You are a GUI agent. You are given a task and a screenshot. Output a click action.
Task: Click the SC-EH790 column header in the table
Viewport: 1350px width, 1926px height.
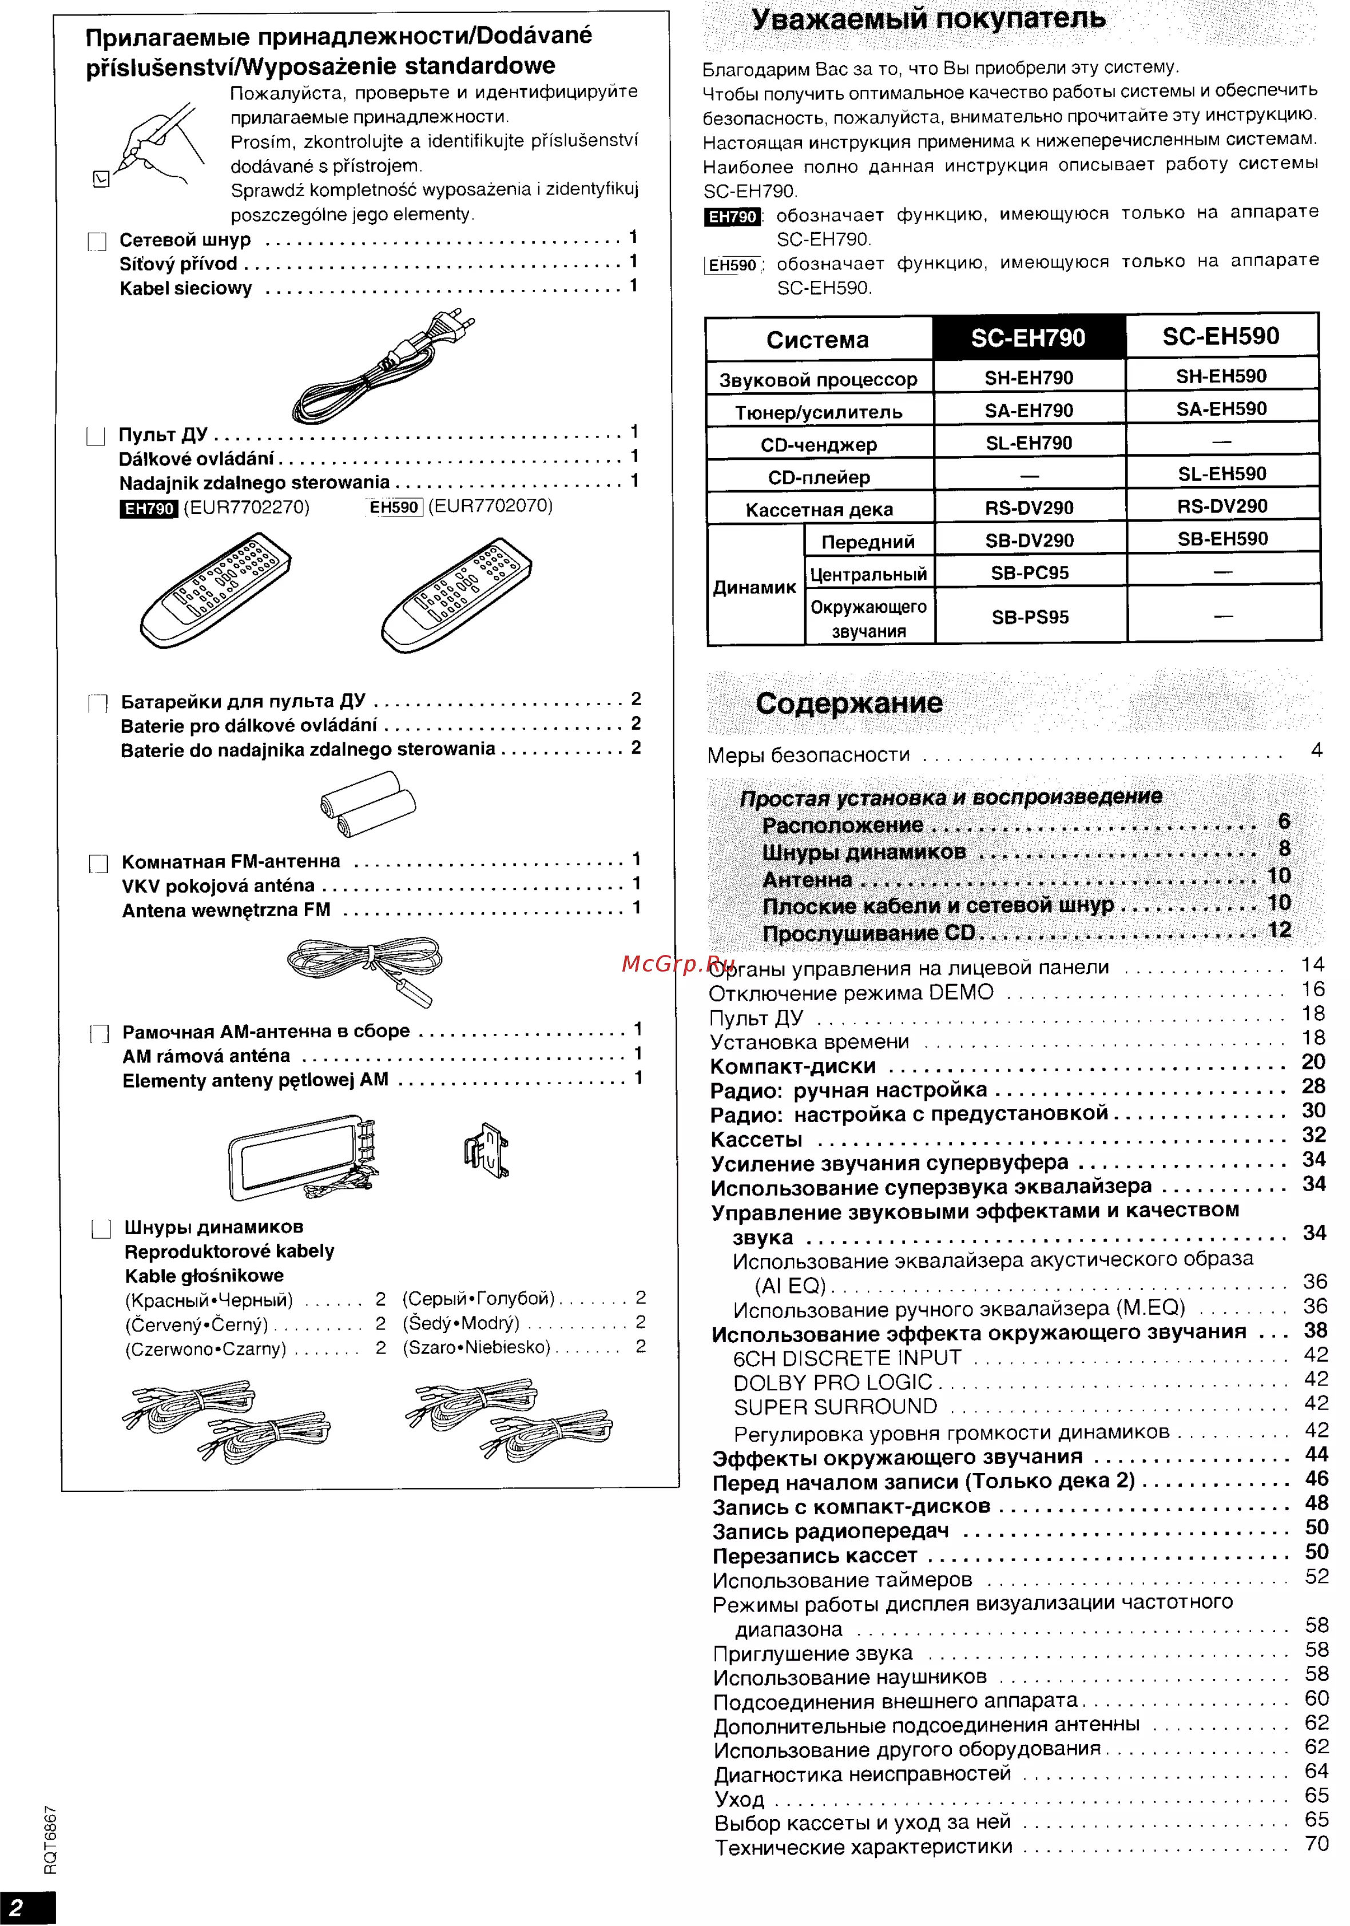(x=1028, y=338)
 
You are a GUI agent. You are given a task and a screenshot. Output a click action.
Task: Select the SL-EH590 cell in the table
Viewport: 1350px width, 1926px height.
(x=1222, y=474)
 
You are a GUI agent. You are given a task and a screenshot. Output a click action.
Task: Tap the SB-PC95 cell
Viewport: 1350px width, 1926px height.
(x=1030, y=573)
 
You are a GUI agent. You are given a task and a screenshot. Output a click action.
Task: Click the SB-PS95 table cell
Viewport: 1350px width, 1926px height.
(x=1030, y=618)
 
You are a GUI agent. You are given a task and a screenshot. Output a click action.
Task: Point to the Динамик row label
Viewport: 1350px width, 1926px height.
(x=755, y=587)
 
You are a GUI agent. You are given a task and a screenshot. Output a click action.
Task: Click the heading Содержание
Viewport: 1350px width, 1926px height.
(x=848, y=703)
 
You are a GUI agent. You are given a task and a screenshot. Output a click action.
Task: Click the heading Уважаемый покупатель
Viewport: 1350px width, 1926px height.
(x=928, y=18)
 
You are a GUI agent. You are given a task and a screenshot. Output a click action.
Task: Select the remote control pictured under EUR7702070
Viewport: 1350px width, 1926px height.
(x=455, y=594)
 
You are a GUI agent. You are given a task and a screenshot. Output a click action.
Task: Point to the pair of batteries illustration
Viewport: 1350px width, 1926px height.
(x=367, y=803)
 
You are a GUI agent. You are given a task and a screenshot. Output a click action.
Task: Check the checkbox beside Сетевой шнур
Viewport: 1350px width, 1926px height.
(x=97, y=241)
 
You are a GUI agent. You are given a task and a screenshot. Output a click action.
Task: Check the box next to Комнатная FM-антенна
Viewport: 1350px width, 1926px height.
(x=99, y=864)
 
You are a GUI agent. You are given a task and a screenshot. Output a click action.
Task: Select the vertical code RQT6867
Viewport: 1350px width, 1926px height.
(x=50, y=1838)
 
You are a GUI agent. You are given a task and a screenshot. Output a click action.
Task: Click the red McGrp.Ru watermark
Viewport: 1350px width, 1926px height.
(x=678, y=963)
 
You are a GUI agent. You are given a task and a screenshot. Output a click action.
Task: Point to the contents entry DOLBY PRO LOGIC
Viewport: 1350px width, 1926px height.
(x=832, y=1382)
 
